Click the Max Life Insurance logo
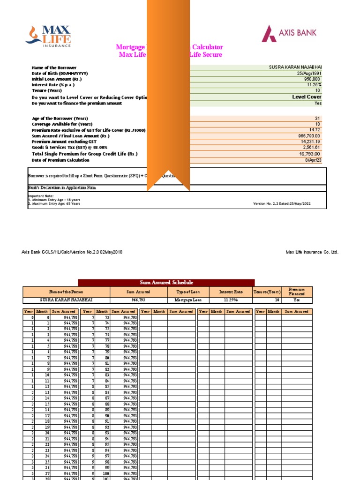[x=48, y=37]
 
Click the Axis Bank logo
[x=289, y=33]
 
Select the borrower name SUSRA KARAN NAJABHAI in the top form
[x=295, y=67]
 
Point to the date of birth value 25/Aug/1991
[x=309, y=74]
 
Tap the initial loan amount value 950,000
[x=312, y=79]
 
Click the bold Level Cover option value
[x=307, y=97]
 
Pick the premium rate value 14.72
[x=315, y=129]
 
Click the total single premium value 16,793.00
[x=309, y=154]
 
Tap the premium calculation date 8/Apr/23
[x=313, y=160]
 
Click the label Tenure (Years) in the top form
[x=46, y=90]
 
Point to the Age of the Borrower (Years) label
[x=60, y=118]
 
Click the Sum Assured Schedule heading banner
[x=166, y=282]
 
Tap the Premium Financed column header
[x=296, y=292]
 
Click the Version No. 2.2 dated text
[x=282, y=203]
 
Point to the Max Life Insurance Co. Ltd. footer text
[x=312, y=252]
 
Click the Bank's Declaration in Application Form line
[x=62, y=187]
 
